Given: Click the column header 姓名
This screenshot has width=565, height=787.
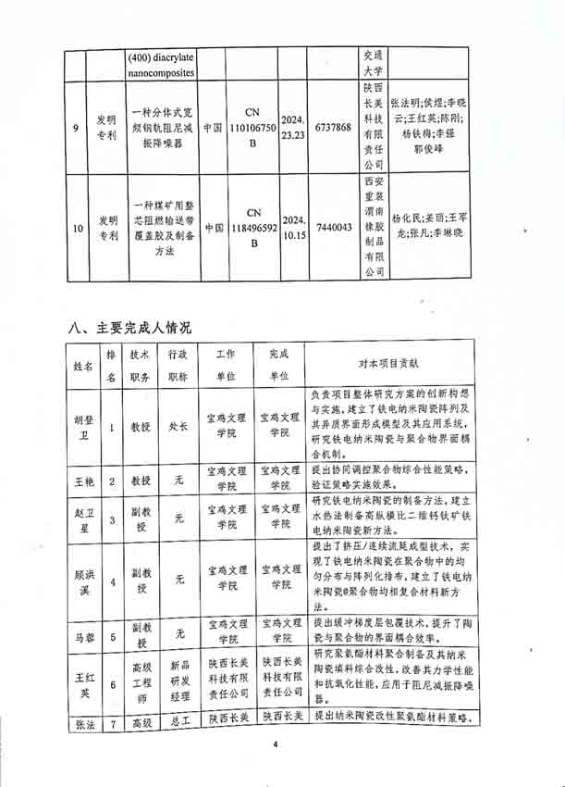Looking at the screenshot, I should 83,366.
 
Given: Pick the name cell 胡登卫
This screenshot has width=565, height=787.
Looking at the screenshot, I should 83,429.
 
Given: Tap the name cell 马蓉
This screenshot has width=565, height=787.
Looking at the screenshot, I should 83,637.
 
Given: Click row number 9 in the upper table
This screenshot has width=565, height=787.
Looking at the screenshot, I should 74,127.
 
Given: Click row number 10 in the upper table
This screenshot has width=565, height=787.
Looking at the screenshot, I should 74,227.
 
